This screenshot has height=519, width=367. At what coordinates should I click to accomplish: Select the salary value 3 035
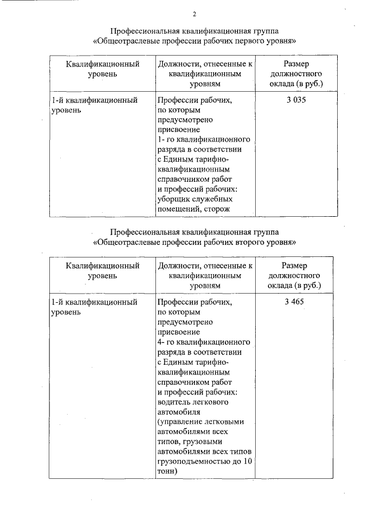click(x=296, y=100)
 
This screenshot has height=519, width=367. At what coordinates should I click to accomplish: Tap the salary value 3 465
click(x=296, y=302)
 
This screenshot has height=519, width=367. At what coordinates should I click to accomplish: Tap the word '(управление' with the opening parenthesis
click(x=178, y=422)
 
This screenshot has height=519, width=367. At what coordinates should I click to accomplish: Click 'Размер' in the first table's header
click(x=296, y=64)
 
